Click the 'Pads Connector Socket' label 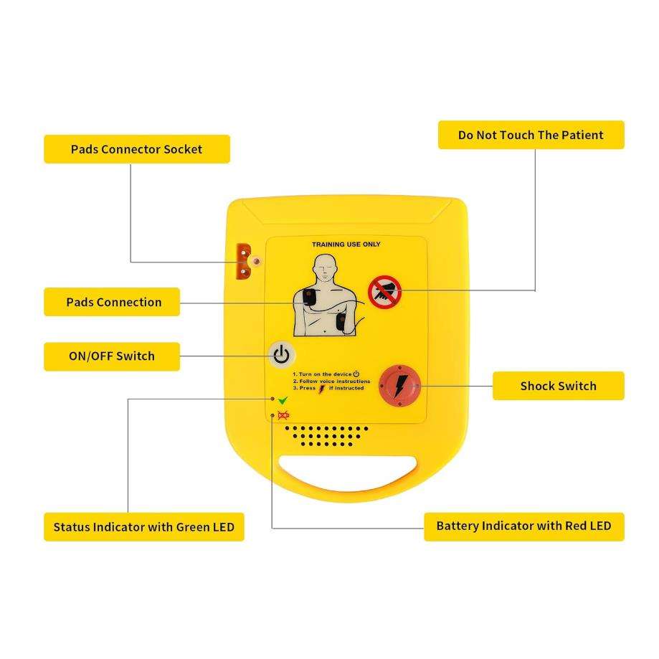(x=136, y=149)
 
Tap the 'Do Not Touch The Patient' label (x=531, y=135)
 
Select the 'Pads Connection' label (x=113, y=302)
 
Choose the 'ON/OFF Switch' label (x=111, y=356)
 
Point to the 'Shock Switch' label (x=558, y=386)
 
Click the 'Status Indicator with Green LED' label (x=143, y=527)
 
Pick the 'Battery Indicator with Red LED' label (x=523, y=526)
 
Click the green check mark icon (x=283, y=400)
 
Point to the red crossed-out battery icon (x=283, y=416)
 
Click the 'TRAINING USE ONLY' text (x=346, y=245)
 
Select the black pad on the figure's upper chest (x=308, y=297)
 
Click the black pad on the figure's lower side (x=342, y=323)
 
